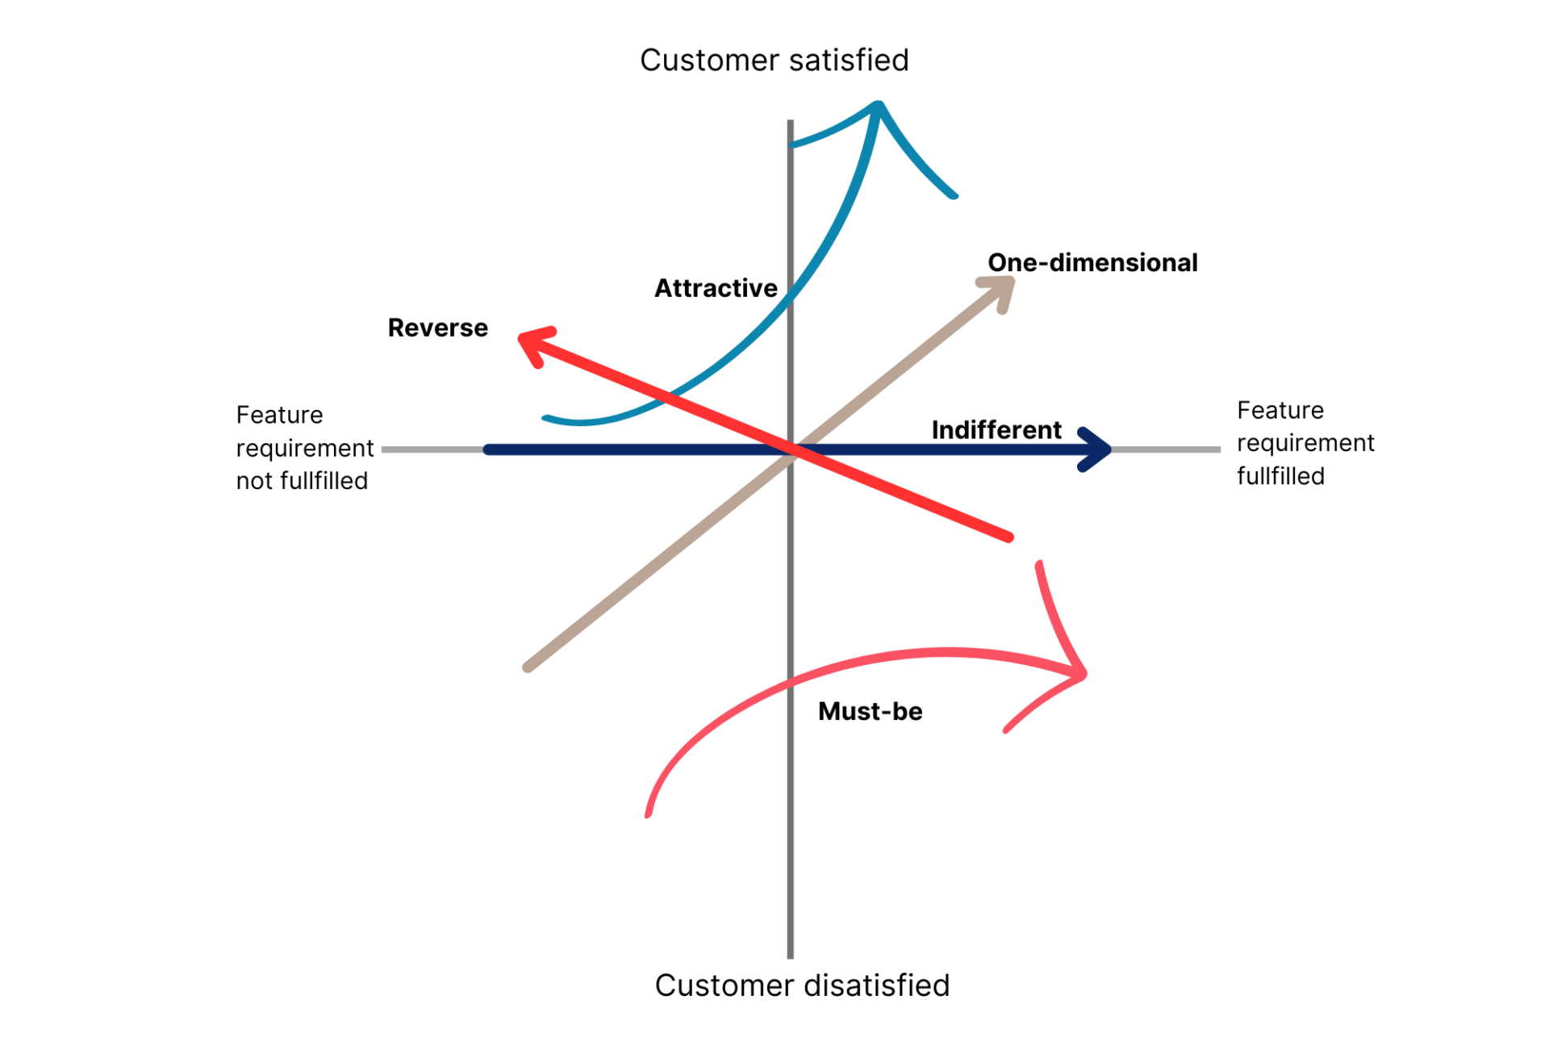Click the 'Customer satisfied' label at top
click(774, 61)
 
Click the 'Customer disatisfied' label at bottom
click(801, 985)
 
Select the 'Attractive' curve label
click(716, 288)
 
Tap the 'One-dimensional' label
click(1092, 263)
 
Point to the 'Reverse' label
click(437, 328)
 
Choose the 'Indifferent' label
click(996, 430)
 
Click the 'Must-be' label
click(870, 711)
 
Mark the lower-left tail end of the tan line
click(528, 667)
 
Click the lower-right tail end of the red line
click(1008, 536)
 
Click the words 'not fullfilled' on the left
click(302, 481)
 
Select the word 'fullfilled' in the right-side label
click(1280, 476)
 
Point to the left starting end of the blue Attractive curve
click(546, 418)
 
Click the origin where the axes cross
click(791, 450)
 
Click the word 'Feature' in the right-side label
click(1280, 410)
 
